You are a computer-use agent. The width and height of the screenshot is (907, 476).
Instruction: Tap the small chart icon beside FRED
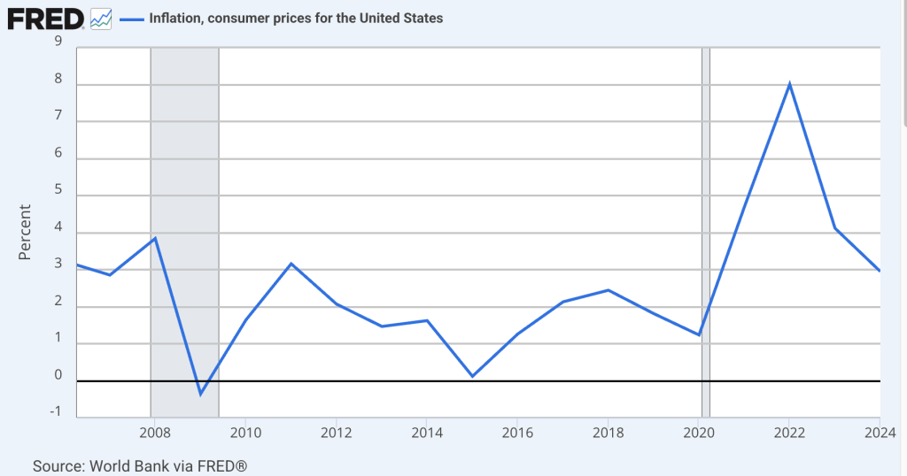click(101, 18)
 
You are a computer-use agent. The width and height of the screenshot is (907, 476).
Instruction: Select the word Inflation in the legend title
click(175, 18)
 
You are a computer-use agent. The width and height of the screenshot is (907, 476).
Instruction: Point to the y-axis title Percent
click(25, 233)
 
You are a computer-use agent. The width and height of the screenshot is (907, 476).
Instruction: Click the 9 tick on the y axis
click(58, 40)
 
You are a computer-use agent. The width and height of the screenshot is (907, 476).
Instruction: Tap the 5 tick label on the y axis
click(58, 188)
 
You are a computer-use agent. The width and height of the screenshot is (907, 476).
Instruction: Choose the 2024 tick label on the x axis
click(879, 434)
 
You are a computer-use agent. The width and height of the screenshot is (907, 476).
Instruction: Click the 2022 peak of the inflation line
click(788, 84)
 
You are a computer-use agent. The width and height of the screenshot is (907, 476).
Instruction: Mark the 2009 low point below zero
click(200, 394)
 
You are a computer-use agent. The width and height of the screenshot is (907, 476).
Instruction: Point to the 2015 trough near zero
click(472, 376)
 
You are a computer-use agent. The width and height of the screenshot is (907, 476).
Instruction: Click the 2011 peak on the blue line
click(291, 264)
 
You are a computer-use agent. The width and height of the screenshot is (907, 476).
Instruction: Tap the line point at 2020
click(700, 334)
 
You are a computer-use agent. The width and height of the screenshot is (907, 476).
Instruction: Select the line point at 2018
click(609, 290)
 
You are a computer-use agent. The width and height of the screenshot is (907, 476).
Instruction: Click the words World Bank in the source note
click(126, 465)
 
